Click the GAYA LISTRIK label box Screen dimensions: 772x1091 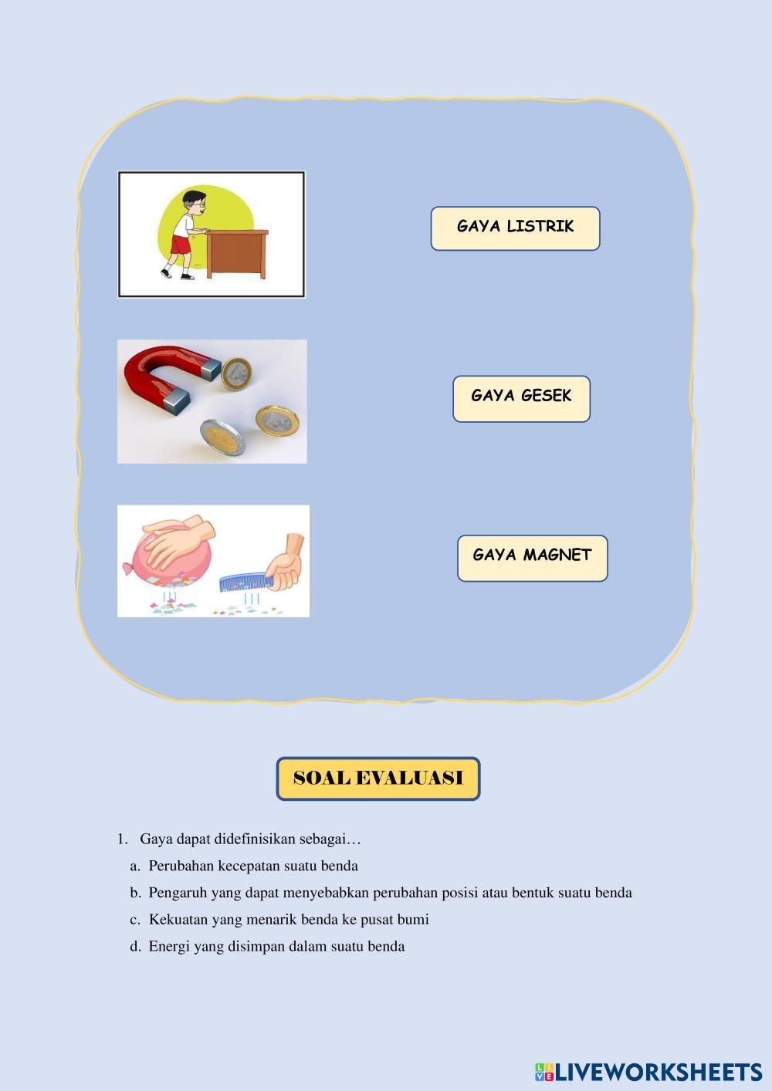[x=515, y=228]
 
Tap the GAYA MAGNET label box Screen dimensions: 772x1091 [x=532, y=557]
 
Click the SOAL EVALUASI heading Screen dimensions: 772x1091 [x=378, y=778]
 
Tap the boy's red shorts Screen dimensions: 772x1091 [x=180, y=245]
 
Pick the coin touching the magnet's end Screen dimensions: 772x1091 [x=236, y=374]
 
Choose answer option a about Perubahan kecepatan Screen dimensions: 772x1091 [x=252, y=866]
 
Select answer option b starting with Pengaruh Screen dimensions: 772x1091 [x=390, y=893]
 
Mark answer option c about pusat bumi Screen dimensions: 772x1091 [x=288, y=920]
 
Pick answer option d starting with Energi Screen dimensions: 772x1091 [x=276, y=947]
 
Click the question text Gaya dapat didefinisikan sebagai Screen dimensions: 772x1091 [x=250, y=839]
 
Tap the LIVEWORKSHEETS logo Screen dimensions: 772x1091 [x=648, y=1072]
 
